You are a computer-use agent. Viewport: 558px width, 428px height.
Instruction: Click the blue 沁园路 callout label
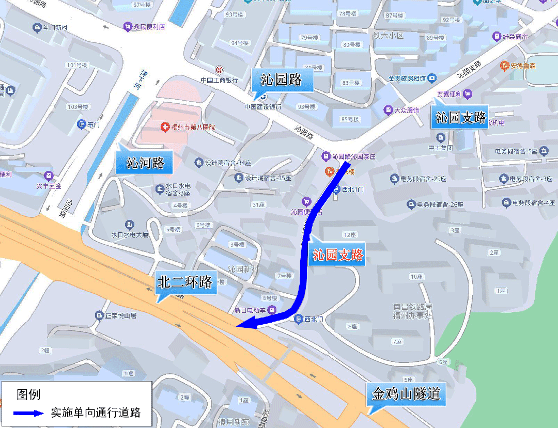282,81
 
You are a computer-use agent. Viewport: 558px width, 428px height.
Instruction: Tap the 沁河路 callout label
145,163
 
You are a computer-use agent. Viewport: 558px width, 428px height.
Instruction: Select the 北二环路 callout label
185,282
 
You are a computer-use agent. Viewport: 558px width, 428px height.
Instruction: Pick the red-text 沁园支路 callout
338,255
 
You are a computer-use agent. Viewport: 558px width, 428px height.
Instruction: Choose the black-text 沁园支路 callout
461,118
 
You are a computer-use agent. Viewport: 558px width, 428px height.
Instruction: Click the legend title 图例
28,395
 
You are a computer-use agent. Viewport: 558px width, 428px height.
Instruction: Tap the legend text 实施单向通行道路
96,413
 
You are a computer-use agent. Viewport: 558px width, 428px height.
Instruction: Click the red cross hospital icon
165,126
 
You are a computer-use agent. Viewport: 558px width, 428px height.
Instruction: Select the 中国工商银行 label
219,80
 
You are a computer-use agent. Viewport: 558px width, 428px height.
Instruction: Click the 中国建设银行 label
263,107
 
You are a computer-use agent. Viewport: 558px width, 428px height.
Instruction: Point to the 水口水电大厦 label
130,235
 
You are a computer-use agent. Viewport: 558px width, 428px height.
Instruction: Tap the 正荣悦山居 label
117,315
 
